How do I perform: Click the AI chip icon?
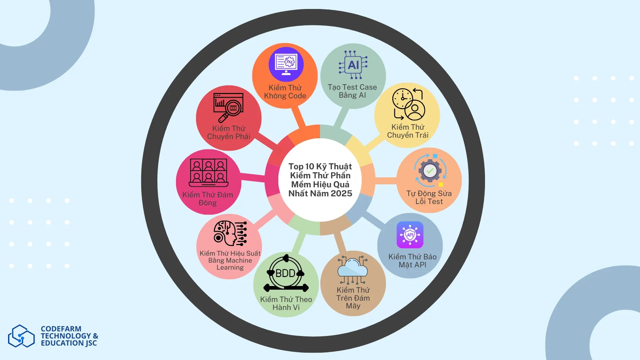[x=353, y=65]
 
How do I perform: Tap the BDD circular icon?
[x=286, y=274]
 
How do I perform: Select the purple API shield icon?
[x=410, y=235]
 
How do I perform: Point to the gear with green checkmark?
[x=430, y=171]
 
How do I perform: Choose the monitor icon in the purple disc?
[x=286, y=64]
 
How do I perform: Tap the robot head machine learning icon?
[x=230, y=233]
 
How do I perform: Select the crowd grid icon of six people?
[x=208, y=172]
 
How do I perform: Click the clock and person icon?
[x=408, y=104]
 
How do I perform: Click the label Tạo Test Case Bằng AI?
[x=352, y=91]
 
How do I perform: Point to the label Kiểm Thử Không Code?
[x=285, y=92]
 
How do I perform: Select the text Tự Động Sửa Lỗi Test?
[x=429, y=197]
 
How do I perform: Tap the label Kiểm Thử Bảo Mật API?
[x=412, y=261]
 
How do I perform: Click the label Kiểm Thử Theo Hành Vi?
[x=286, y=303]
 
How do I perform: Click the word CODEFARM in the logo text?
[x=61, y=329]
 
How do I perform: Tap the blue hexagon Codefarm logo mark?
[x=21, y=336]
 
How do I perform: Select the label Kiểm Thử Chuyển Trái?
[x=408, y=131]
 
